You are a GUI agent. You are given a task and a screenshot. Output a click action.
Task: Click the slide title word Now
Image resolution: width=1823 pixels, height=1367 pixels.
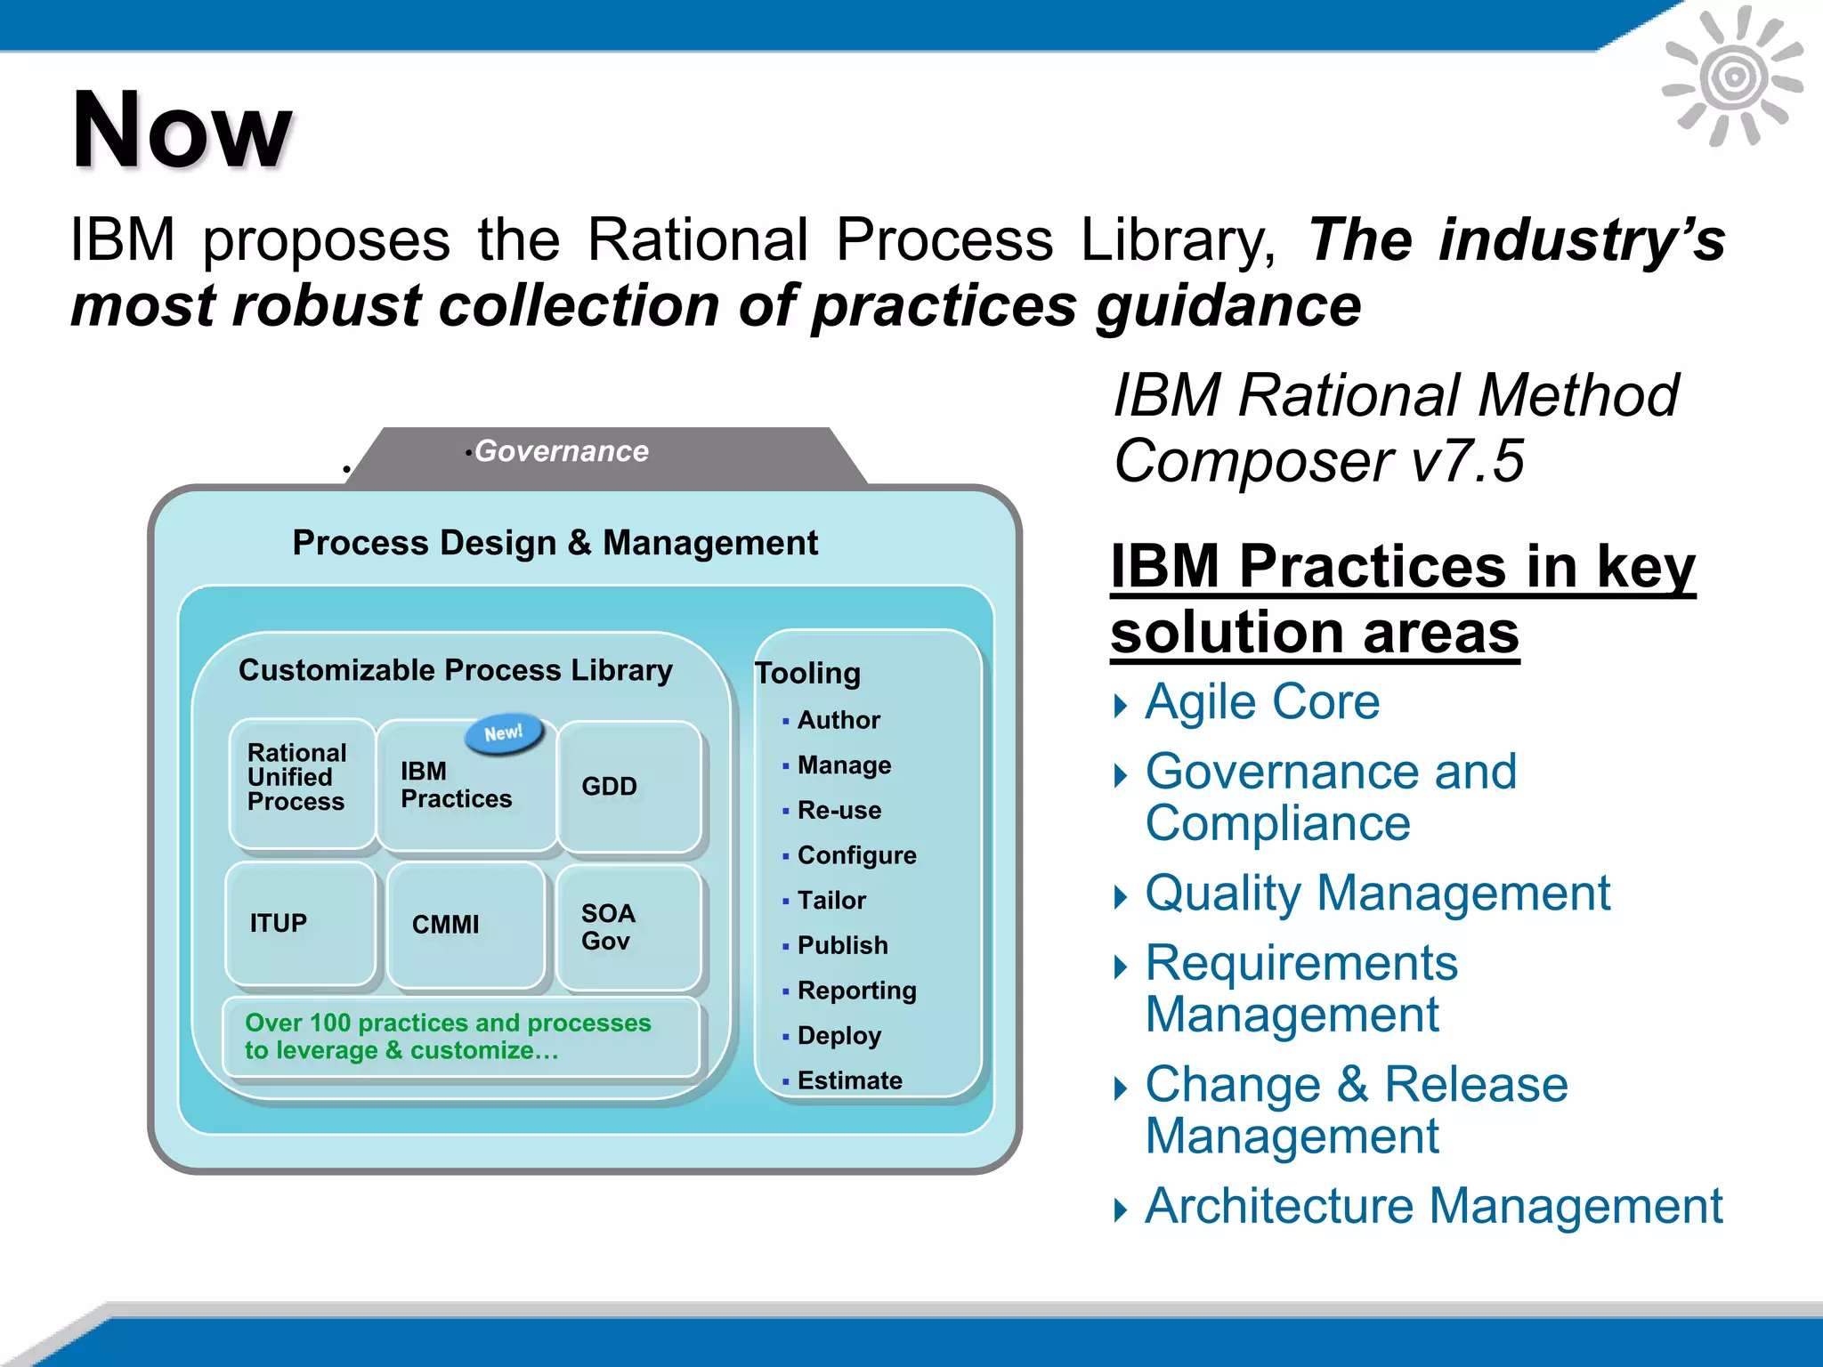(182, 131)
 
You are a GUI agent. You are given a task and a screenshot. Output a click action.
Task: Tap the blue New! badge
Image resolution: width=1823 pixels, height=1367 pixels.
(504, 733)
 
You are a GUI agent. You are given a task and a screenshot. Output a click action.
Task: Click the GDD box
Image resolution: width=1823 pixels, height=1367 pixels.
(628, 786)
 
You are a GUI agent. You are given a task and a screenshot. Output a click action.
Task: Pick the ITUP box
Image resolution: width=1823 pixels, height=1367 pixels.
(300, 923)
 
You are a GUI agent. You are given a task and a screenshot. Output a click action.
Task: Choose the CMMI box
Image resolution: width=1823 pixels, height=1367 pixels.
(465, 925)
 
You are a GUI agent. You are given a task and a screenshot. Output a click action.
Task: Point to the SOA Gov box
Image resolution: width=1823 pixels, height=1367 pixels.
(628, 926)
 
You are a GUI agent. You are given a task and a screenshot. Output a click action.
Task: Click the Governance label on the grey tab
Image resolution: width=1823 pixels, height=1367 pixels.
(562, 451)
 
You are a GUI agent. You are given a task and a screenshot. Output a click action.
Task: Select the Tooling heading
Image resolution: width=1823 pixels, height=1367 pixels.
(807, 673)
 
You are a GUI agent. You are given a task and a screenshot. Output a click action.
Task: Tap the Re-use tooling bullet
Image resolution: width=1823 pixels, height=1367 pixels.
(839, 811)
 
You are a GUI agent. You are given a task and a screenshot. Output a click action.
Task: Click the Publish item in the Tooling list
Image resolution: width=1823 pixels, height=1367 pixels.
(842, 945)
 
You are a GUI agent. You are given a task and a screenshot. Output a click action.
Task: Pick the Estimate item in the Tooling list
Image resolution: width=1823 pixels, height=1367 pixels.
(849, 1080)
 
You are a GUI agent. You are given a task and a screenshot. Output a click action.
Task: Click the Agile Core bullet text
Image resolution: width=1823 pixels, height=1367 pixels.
(1261, 702)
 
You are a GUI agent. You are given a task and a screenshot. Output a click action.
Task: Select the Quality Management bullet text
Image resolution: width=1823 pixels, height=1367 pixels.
(1377, 893)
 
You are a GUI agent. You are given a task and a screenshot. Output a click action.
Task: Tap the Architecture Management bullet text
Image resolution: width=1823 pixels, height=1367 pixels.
(1433, 1206)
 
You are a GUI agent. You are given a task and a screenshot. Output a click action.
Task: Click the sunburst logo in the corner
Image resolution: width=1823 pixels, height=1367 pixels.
(1732, 77)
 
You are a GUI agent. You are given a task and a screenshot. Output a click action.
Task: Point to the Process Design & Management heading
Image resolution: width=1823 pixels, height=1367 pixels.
(555, 543)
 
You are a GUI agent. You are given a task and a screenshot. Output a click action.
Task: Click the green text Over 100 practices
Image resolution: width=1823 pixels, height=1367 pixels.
(448, 1036)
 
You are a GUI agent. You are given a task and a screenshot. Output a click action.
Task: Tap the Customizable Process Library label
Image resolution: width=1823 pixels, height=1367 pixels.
(455, 670)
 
